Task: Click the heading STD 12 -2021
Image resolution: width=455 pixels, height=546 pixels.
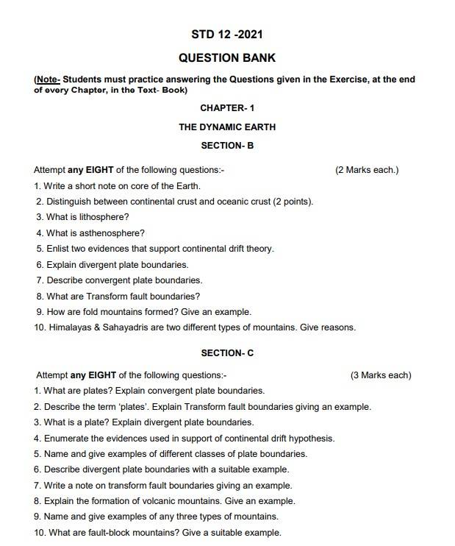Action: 227,35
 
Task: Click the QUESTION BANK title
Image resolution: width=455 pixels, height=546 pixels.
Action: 227,57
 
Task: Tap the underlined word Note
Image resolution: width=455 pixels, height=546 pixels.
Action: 47,79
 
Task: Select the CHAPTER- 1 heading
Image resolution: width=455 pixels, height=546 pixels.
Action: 227,108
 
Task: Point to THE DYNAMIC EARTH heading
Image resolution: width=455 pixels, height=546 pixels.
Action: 227,127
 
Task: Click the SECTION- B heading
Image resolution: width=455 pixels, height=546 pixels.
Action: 227,146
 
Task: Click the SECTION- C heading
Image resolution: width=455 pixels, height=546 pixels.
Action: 227,353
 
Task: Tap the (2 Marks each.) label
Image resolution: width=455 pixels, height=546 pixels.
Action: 367,170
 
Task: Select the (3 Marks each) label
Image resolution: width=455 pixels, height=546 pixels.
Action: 381,375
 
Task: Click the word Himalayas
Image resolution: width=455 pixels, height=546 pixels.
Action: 72,327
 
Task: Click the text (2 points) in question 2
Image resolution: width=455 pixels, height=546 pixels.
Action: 293,202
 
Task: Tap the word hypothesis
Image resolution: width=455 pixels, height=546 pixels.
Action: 312,438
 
